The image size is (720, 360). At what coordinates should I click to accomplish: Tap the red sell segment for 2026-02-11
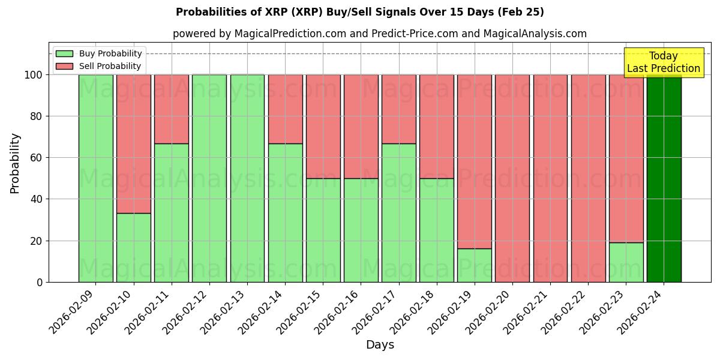point(172,109)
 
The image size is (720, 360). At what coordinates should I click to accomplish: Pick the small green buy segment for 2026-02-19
point(475,265)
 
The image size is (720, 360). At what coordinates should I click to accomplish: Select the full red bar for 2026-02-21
point(550,178)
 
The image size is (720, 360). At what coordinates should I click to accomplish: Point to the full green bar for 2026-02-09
point(95,178)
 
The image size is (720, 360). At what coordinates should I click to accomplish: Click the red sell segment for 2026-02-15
point(323,127)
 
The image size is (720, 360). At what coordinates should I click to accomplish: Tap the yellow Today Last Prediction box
point(663,62)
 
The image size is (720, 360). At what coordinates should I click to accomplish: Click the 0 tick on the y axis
point(40,282)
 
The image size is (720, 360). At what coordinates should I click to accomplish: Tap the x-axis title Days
point(380,345)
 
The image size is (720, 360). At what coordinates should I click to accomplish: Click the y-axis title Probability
point(15,163)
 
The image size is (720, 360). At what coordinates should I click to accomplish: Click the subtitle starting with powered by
point(379,34)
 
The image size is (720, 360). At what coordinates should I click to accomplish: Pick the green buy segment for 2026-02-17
point(398,212)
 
